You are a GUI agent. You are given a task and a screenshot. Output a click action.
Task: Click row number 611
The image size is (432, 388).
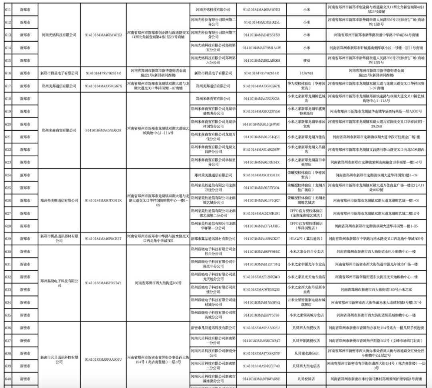pyautogui.click(x=8, y=9)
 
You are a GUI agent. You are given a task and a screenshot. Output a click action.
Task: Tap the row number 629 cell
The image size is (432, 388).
pyautogui.click(x=8, y=238)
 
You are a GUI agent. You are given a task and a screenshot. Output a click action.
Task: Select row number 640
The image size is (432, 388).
pyautogui.click(x=8, y=379)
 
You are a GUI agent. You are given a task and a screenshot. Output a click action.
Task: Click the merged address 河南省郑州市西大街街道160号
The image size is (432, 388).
pyautogui.click(x=158, y=283)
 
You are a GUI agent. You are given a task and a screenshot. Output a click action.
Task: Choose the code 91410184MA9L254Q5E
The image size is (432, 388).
pyautogui.click(x=261, y=137)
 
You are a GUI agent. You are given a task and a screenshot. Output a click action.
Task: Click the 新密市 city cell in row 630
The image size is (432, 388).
pyautogui.click(x=25, y=252)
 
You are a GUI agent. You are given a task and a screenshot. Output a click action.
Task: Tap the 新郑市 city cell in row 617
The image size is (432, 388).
pyautogui.click(x=25, y=86)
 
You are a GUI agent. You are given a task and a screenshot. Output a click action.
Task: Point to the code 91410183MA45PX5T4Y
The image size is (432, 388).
pyautogui.click(x=103, y=283)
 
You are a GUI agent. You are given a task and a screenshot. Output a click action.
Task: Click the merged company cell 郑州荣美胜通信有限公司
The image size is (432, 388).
pyautogui.click(x=59, y=200)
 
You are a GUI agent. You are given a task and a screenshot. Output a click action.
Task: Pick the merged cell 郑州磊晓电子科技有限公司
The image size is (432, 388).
pyautogui.click(x=59, y=283)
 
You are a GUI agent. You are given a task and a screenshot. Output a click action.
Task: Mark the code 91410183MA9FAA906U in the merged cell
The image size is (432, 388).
pyautogui.click(x=103, y=360)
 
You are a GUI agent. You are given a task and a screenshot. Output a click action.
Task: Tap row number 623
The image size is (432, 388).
pyautogui.click(x=8, y=162)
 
